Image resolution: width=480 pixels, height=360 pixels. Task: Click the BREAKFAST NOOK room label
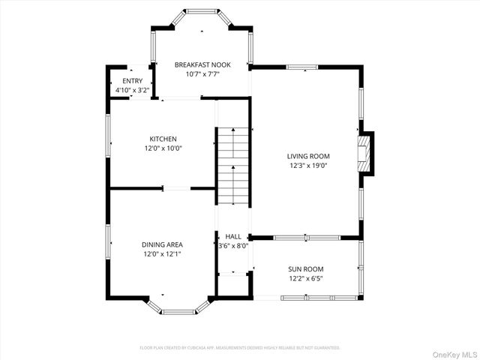coord(202,65)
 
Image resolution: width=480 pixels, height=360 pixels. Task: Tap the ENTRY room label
coord(131,81)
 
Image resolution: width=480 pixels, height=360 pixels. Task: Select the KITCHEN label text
coord(163,139)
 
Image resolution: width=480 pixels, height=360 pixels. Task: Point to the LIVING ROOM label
coord(308,156)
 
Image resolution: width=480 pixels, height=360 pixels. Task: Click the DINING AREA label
coord(162,244)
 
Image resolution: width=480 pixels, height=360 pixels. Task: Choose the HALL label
coord(233,236)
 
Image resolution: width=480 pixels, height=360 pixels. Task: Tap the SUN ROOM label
coord(306,268)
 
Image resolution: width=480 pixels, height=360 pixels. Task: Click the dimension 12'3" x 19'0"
coord(308,166)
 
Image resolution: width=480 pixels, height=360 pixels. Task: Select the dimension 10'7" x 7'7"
coord(202,74)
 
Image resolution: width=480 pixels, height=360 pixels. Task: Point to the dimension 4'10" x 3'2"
coord(131,90)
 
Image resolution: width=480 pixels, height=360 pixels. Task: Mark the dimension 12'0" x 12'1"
coord(162,253)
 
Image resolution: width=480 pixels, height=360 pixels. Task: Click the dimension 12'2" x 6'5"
coord(306,277)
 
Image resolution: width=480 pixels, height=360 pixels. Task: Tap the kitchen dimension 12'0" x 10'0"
coord(163,148)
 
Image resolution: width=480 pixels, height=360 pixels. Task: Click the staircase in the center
coord(232,166)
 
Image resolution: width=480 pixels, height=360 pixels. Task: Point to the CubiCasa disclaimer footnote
coord(240,348)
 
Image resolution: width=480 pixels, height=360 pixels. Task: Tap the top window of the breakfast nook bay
coord(201,11)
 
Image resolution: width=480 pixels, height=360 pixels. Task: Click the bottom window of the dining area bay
coord(179,312)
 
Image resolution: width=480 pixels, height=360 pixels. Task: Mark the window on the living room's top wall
coord(301,67)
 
